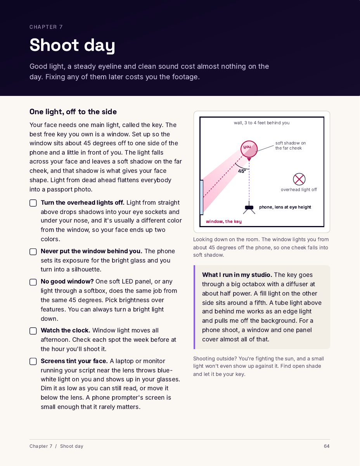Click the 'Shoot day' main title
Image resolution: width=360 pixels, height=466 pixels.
pyautogui.click(x=72, y=45)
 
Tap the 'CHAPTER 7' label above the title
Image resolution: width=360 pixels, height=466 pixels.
pyautogui.click(x=46, y=27)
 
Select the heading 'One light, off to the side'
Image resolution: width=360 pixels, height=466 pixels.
pyautogui.click(x=73, y=112)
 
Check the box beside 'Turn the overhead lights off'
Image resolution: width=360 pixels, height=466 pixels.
pyautogui.click(x=33, y=203)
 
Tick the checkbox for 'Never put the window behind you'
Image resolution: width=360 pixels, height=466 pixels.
pyautogui.click(x=33, y=252)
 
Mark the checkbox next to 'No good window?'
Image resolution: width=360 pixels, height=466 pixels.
pyautogui.click(x=33, y=282)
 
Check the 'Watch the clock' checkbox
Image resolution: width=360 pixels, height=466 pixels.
pyautogui.click(x=33, y=331)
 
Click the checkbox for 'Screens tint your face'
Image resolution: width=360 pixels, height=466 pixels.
pyautogui.click(x=33, y=362)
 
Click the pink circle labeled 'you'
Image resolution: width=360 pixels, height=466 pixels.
pyautogui.click(x=249, y=149)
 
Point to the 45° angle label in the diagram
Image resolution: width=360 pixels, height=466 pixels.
pyautogui.click(x=242, y=171)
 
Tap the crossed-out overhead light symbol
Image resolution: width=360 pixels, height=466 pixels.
pyautogui.click(x=299, y=179)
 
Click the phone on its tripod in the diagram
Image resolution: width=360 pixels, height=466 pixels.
pyautogui.click(x=249, y=208)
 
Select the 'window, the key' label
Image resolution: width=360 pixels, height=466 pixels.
pyautogui.click(x=223, y=221)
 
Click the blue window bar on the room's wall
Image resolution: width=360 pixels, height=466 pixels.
pyautogui.click(x=201, y=197)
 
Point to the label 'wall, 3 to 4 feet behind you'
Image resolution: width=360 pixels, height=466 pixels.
pyautogui.click(x=261, y=123)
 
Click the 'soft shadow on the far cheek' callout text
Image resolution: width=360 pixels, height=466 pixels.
pyautogui.click(x=291, y=145)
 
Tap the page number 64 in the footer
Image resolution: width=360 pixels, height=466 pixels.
pyautogui.click(x=327, y=446)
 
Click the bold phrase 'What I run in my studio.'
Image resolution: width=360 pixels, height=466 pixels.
pyautogui.click(x=237, y=275)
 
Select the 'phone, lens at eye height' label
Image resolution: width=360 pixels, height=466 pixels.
pyautogui.click(x=285, y=207)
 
